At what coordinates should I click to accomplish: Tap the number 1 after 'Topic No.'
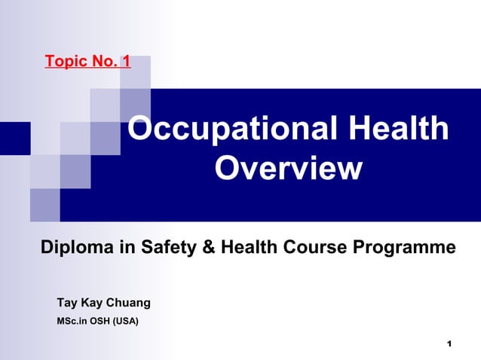[x=125, y=61]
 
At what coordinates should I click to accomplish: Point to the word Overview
[x=288, y=169]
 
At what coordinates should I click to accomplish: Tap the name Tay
[x=67, y=303]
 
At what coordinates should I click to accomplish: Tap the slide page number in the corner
[x=449, y=344]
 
